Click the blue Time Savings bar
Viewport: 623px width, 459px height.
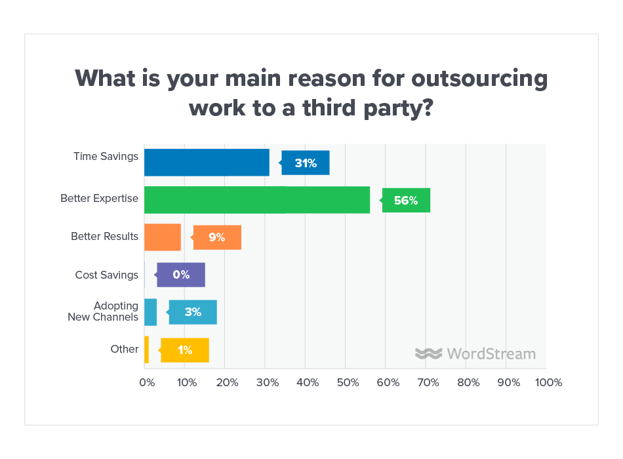tap(207, 163)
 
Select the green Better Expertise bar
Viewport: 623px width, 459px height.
tap(256, 200)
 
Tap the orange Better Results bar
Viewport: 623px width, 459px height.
tap(162, 237)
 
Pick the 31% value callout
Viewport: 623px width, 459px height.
tap(306, 163)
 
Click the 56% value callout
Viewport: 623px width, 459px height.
tap(406, 200)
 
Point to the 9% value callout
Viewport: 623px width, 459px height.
tap(217, 237)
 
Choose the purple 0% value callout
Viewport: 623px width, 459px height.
tap(181, 275)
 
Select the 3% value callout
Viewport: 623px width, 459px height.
tap(193, 312)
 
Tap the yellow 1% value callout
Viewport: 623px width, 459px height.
tap(185, 349)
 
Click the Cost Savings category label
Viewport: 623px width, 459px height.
tap(106, 275)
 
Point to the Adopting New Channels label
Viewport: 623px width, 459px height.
tap(103, 311)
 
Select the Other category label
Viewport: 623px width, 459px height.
tap(124, 349)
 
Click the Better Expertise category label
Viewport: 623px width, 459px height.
tap(99, 198)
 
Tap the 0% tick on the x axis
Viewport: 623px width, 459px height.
tap(146, 382)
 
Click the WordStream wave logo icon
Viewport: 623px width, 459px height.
tap(429, 353)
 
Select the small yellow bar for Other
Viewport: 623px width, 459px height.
tap(146, 349)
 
